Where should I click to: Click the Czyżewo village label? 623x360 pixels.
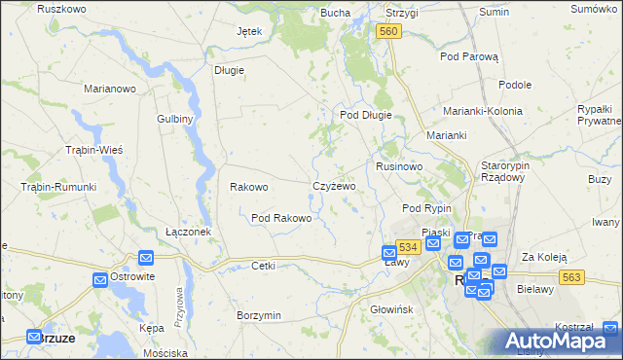click(x=334, y=186)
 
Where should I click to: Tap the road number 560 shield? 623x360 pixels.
click(x=388, y=32)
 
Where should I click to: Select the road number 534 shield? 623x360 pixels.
click(x=408, y=248)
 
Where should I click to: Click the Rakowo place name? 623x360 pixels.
click(x=248, y=187)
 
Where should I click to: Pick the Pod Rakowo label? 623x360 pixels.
click(x=281, y=218)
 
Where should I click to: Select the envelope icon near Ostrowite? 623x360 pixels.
click(x=101, y=280)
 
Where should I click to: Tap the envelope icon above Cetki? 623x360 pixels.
click(x=146, y=258)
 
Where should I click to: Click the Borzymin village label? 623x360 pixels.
click(x=259, y=315)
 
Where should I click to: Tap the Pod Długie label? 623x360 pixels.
click(x=365, y=115)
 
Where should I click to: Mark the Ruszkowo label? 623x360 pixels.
click(x=58, y=9)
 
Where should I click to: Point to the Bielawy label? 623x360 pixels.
click(x=535, y=289)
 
